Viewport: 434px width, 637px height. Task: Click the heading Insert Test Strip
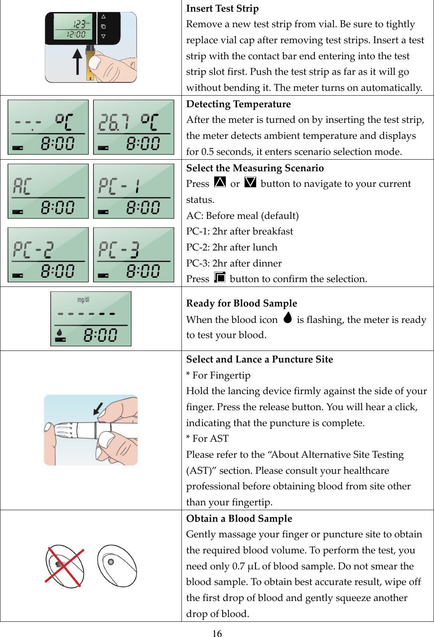click(222, 8)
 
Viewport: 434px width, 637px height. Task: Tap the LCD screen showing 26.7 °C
click(133, 127)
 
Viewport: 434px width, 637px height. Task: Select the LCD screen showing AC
click(48, 191)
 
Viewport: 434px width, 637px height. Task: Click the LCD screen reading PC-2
click(48, 255)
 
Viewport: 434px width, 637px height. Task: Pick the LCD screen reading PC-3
click(133, 255)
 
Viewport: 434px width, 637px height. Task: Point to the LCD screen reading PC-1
click(133, 191)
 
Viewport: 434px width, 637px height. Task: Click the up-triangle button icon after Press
click(220, 182)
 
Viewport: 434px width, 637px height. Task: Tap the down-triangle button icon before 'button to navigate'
click(250, 182)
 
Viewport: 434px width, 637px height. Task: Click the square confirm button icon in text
click(219, 277)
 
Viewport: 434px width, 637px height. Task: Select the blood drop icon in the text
click(287, 318)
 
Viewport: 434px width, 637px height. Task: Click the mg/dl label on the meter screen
click(83, 300)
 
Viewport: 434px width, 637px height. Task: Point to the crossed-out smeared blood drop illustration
click(64, 566)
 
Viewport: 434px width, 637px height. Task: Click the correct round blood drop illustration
click(117, 566)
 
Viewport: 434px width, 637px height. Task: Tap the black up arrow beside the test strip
click(78, 62)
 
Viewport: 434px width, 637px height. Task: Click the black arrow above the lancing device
click(98, 409)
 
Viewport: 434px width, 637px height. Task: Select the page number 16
click(217, 633)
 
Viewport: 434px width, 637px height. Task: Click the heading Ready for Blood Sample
click(241, 303)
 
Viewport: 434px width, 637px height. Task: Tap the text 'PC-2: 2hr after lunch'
click(231, 247)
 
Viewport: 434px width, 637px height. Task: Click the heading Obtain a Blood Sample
click(239, 519)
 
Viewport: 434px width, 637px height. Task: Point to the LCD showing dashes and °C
click(48, 127)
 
